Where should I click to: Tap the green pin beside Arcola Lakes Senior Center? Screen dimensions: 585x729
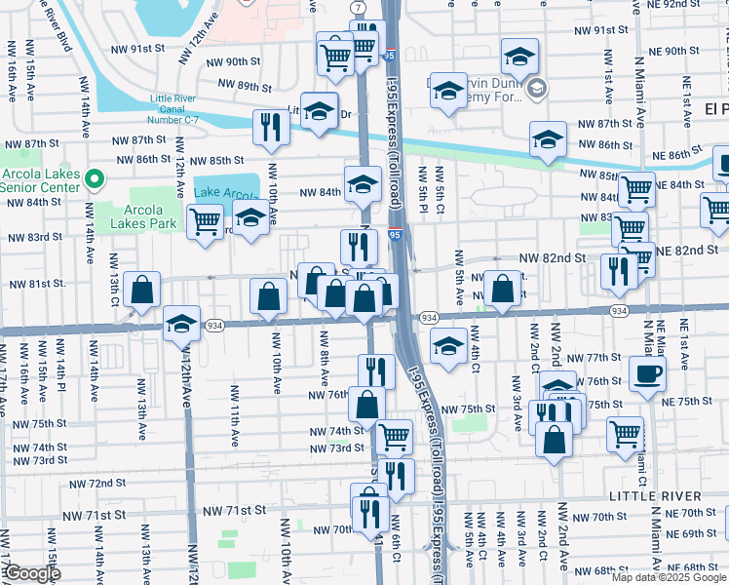94,179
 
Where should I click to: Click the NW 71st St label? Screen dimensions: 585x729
234,511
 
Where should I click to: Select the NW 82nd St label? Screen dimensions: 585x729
552,257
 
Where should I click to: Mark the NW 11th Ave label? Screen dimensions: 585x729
234,415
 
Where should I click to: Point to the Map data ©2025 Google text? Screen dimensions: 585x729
668,577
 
